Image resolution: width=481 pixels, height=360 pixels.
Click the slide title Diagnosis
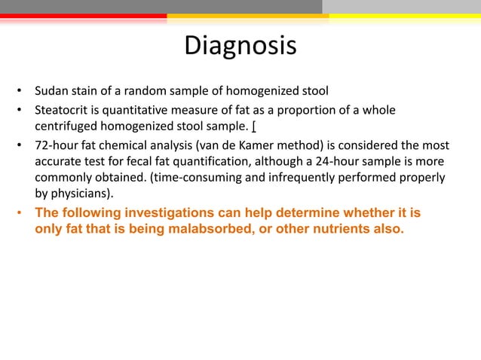240,47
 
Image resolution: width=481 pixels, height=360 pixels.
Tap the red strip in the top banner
83,15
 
